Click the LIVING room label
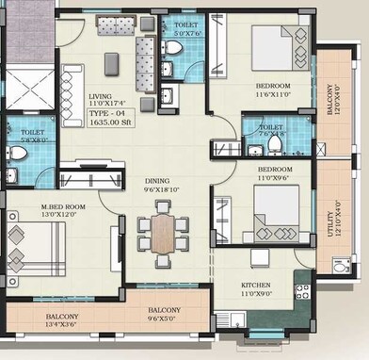click(101, 96)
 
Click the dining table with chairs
click(163, 231)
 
